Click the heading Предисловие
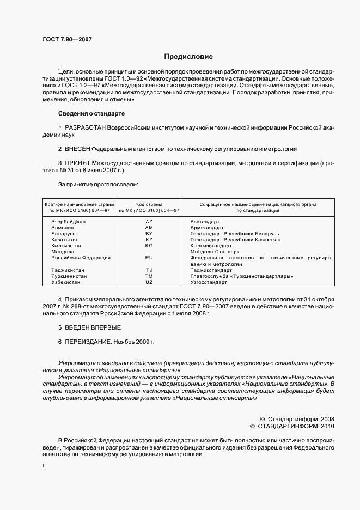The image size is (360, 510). point(188,57)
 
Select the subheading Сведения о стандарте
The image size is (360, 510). point(91,113)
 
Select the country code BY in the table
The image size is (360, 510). point(149,234)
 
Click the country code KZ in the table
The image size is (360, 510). point(149,240)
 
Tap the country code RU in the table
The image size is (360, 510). point(149,258)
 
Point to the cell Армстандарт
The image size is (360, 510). point(207,228)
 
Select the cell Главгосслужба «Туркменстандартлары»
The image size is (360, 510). point(242,276)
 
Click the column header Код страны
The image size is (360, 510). point(149,204)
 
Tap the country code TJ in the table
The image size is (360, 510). point(149,270)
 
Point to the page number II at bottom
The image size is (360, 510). point(44,466)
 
